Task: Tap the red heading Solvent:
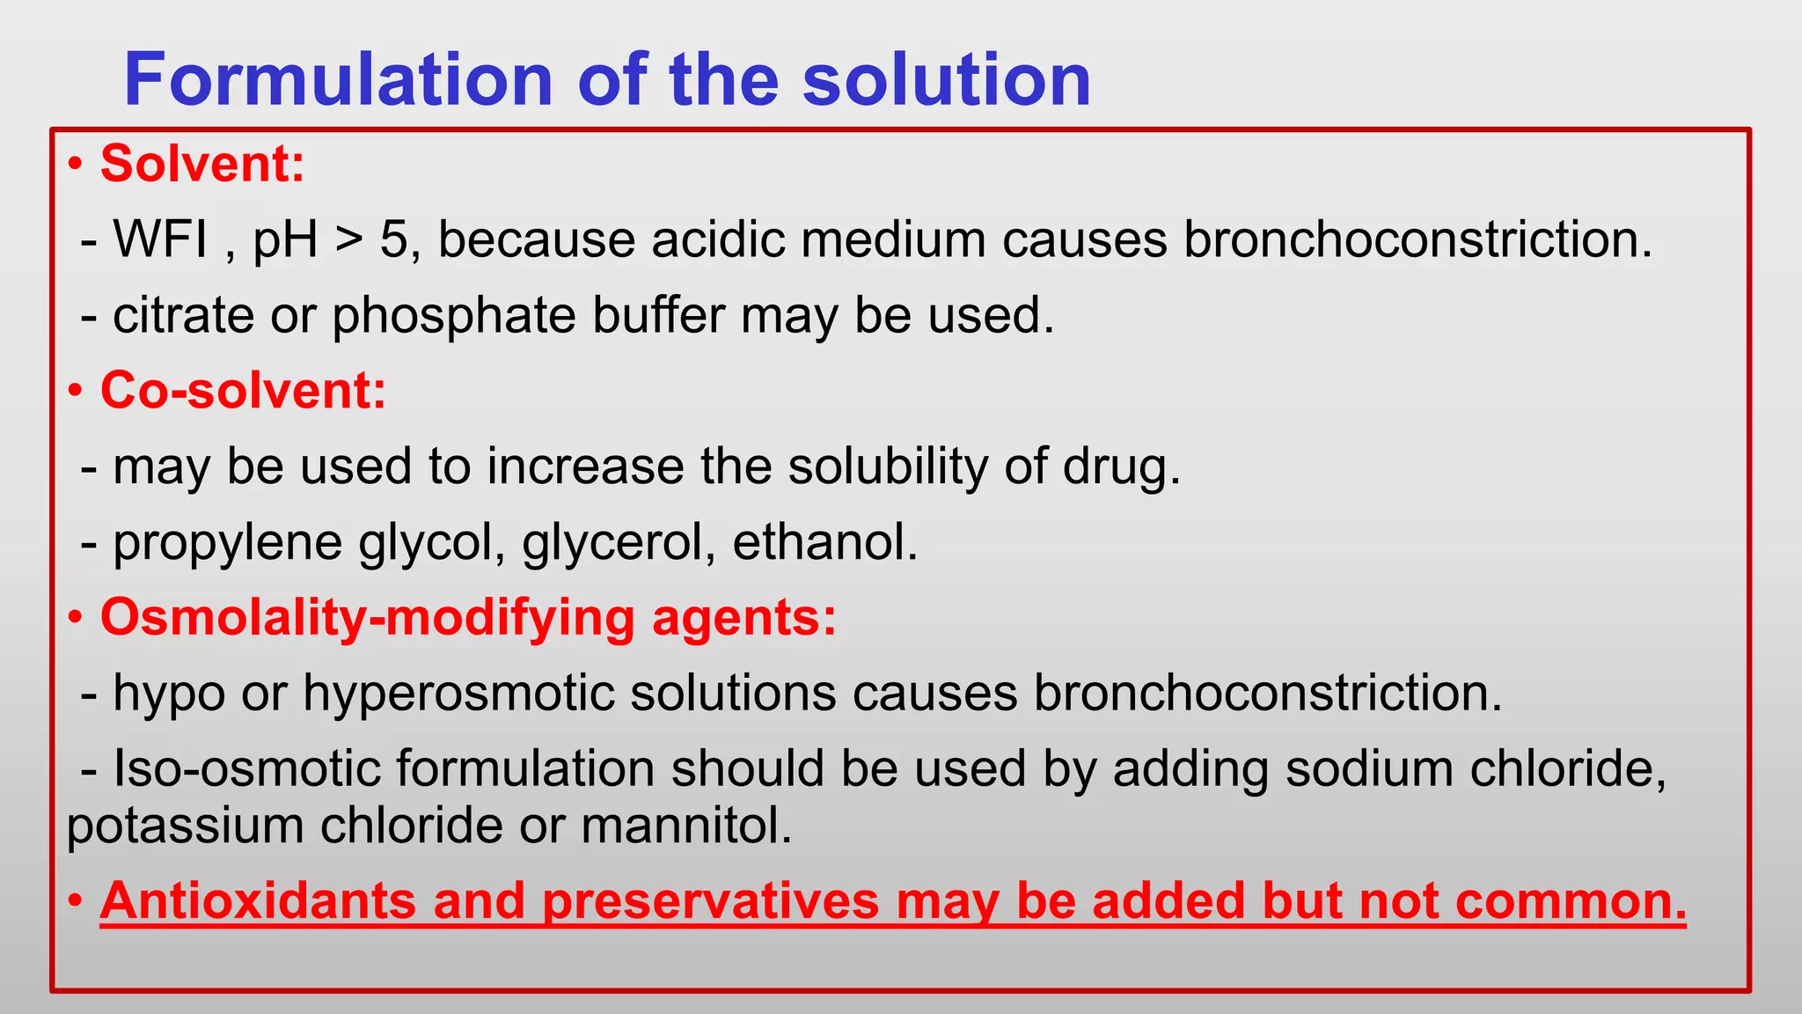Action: pos(202,164)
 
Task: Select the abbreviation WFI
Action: pos(161,239)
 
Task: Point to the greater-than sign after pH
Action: pos(348,240)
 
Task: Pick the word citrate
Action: pos(183,315)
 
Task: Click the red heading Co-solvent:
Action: pos(243,390)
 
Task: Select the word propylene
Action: pos(227,543)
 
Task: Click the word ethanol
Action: pos(824,541)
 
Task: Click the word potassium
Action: pos(184,827)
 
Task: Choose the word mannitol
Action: pos(686,827)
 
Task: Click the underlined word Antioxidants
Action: pos(258,901)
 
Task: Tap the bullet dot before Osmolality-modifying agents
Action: pos(76,618)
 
